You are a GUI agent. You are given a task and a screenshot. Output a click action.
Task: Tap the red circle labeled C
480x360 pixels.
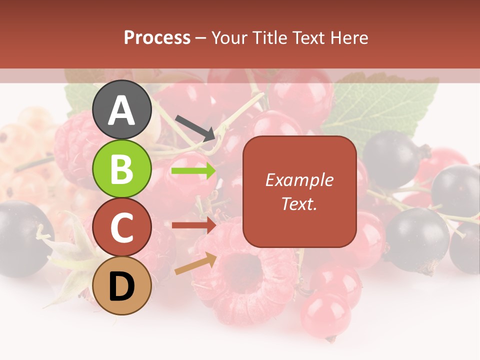[x=121, y=227]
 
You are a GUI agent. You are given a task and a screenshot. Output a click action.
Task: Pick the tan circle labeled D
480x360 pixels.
[x=121, y=286]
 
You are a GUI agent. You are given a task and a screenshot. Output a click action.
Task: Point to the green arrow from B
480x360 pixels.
[x=193, y=171]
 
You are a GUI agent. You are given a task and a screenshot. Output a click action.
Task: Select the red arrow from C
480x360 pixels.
[x=193, y=225]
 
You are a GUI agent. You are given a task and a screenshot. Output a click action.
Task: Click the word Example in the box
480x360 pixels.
[x=299, y=180]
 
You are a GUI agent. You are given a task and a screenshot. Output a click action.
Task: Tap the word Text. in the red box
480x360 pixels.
[x=299, y=203]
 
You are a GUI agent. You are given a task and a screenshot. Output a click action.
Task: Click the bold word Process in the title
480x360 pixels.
[x=157, y=37]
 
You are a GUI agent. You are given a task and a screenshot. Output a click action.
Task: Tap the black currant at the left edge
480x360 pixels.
[x=22, y=237]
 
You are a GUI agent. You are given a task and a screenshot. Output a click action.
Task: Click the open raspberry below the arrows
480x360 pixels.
[x=245, y=272]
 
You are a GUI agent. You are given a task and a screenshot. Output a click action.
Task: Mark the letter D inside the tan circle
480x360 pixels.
[x=121, y=286]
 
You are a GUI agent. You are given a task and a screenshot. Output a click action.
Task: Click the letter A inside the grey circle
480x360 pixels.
[x=121, y=110]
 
